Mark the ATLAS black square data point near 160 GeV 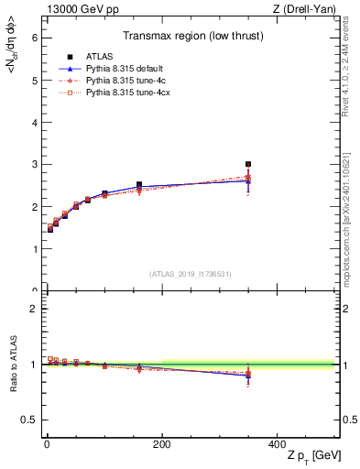139,185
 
